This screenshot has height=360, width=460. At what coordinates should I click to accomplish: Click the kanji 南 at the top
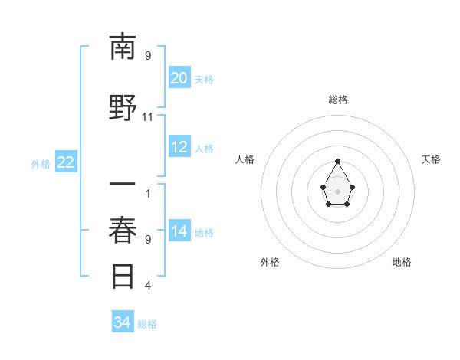coord(124,47)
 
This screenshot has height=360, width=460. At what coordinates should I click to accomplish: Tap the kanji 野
coord(124,108)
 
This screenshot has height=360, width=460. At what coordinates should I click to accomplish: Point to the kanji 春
coord(124,231)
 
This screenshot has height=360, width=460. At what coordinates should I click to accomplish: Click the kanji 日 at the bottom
coord(124,276)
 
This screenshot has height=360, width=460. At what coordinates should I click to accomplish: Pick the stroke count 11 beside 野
coord(148,116)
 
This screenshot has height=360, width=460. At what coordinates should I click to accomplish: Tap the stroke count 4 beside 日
coord(148,286)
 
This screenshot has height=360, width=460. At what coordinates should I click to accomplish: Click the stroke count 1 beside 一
coord(148,194)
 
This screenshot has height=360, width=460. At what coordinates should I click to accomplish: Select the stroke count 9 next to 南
coord(148,55)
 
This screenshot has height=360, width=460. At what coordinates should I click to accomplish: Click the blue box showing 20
coord(179,78)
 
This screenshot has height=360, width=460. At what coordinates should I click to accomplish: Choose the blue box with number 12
coord(179,147)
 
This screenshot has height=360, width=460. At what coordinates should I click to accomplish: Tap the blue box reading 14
coord(179,231)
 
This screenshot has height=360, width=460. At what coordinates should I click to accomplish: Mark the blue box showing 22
coord(66,162)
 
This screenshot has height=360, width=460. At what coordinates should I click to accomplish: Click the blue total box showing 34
coord(123,323)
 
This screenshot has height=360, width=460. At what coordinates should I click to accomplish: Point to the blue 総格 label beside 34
coord(147,324)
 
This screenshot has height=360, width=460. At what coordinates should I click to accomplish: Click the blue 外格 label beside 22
coord(41,163)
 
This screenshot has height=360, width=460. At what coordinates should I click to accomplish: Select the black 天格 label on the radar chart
coord(431,159)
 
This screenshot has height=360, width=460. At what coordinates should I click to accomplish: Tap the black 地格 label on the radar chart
coord(402,262)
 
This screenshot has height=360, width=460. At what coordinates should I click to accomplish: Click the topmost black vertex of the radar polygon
coord(338,161)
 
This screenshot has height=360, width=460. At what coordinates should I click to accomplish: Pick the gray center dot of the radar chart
coord(338,190)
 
